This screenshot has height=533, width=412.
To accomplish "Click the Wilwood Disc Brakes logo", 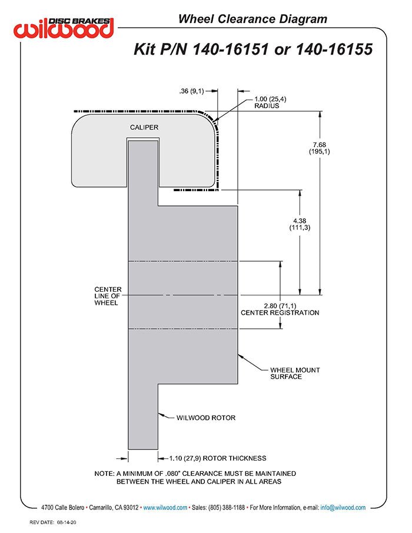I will point(64,27).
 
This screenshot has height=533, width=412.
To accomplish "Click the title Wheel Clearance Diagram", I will point(252,19).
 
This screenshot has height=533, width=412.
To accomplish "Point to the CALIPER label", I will point(144,127).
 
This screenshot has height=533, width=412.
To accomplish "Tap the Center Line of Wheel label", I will point(108,296).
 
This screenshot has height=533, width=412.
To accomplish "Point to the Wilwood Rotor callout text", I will point(206,418).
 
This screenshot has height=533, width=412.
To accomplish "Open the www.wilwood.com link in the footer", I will point(165,507).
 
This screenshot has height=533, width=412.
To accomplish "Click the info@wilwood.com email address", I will point(343,507).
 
